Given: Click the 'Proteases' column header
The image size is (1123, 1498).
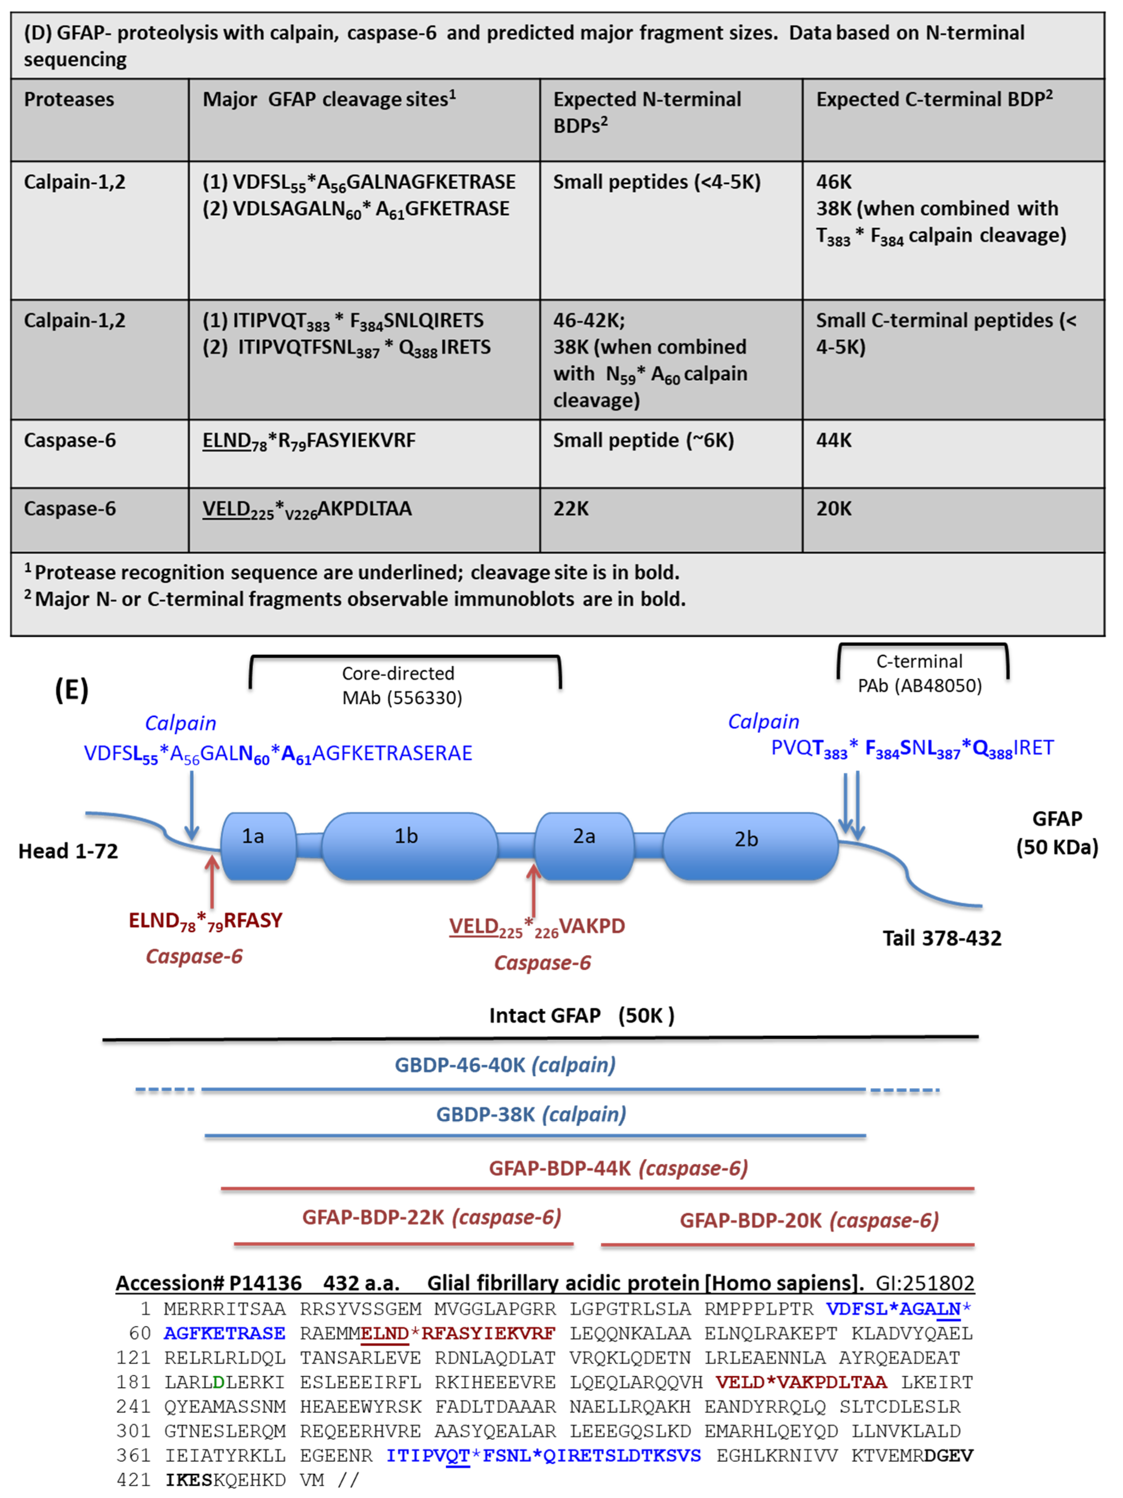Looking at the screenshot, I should [x=69, y=100].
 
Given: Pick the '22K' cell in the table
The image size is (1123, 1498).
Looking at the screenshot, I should [x=571, y=509].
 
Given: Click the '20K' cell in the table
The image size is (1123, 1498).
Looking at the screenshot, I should [x=833, y=509].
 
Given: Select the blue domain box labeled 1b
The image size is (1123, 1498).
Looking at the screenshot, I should [x=408, y=845].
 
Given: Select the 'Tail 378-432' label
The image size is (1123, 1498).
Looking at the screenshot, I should [x=941, y=938].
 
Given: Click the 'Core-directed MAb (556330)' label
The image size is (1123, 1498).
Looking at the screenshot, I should [x=402, y=685].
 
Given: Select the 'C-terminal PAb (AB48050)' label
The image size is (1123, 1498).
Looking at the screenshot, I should [x=919, y=673].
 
